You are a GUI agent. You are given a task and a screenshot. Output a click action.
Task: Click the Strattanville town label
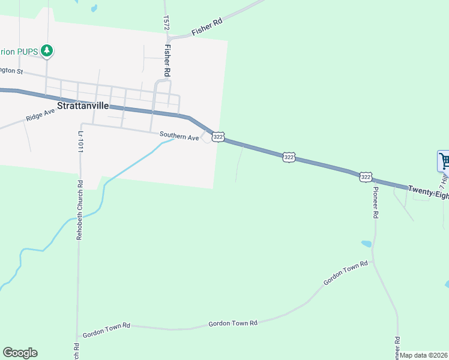coord(83,106)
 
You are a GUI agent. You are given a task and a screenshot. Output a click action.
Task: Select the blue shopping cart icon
coord(444,160)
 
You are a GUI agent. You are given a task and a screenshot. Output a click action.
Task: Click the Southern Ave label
coord(179,137)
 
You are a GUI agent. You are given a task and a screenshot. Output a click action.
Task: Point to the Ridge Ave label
coord(40,115)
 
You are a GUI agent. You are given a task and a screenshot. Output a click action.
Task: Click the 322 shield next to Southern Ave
coord(218,137)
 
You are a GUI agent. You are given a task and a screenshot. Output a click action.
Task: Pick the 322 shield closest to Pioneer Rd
coord(366,177)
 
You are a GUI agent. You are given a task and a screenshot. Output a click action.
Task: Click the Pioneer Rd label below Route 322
coord(376,202)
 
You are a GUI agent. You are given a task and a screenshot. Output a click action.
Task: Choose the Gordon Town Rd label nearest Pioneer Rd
coord(345,273)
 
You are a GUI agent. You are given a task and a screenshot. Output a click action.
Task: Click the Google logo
coord(20,353)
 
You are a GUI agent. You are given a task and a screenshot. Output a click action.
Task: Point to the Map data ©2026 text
coord(424,355)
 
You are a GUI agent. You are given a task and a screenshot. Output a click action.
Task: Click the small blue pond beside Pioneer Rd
coord(366,244)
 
